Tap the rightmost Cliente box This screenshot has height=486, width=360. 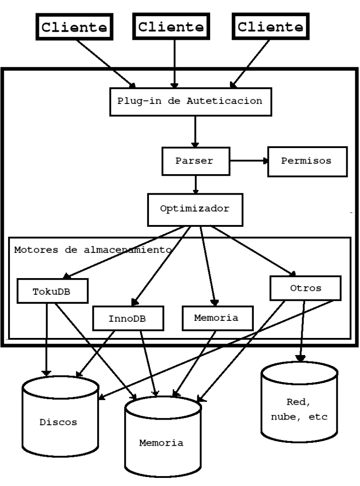pos(270,27)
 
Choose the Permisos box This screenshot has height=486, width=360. pos(306,161)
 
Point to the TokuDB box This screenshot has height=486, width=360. pos(53,290)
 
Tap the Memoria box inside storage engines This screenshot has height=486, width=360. pos(216,318)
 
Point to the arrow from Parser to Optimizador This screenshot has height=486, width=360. pos(195,184)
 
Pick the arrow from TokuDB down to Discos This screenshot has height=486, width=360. pos(46,337)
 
